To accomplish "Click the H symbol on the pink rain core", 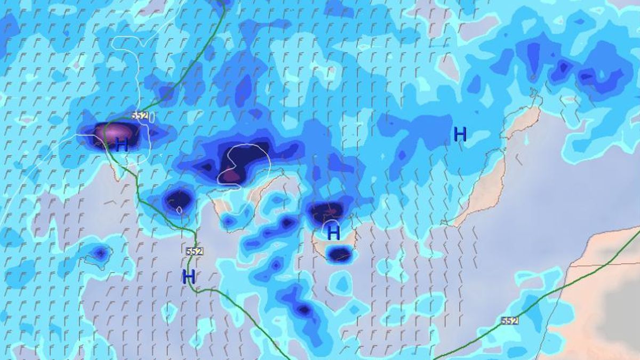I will pos(122,144).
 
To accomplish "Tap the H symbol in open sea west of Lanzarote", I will pos(460,134).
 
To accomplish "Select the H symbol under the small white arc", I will pos(333,233).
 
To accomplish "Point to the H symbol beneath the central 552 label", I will pos(188,276).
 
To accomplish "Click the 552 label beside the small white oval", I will pos(139,115).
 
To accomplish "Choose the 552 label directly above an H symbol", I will pos(194,251).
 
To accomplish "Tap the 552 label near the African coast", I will pos(510,321).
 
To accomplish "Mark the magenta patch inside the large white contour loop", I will pos(230,175).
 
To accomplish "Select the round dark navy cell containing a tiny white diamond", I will pos(179,201).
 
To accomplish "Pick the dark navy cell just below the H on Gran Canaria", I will pos(340,254).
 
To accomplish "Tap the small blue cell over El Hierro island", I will pos(100,252).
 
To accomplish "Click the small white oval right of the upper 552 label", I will pos(152,117).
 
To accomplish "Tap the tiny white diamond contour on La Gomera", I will pos(179,210).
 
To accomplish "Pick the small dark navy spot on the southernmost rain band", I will pos(305,309).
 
